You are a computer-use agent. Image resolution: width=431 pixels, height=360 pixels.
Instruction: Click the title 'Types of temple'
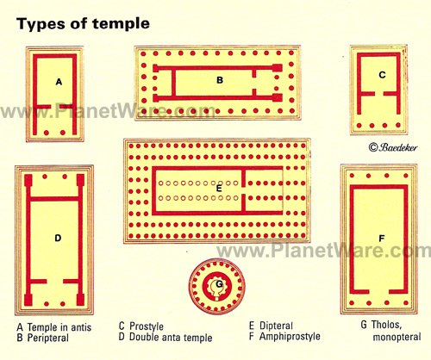(x=84, y=23)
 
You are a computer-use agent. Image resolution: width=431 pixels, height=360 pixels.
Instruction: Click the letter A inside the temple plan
(x=59, y=83)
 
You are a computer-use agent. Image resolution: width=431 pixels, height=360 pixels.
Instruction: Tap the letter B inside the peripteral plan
(x=220, y=80)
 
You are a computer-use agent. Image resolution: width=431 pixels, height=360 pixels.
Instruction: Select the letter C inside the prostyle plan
(x=382, y=75)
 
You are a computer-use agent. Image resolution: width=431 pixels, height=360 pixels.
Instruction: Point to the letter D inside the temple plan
(x=58, y=238)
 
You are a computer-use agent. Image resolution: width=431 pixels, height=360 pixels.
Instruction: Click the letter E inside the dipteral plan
(x=219, y=189)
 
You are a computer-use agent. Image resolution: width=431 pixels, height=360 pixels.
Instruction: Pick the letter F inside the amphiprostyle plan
(x=382, y=239)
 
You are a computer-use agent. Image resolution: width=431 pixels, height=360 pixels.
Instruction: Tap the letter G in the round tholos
(x=219, y=284)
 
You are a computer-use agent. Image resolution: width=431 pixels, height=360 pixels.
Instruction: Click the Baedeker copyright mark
(x=393, y=147)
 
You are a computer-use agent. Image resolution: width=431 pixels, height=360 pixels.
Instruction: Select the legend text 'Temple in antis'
(x=59, y=327)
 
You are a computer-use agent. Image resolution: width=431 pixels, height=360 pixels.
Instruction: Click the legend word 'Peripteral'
(x=48, y=338)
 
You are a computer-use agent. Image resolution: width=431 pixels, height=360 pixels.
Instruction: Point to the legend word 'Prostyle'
(x=147, y=326)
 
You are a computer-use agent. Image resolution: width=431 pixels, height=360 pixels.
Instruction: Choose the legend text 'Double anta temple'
(x=171, y=337)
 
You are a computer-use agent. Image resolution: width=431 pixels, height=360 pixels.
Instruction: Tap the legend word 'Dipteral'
(x=276, y=326)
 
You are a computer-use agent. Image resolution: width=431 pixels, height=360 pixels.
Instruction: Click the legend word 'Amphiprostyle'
(x=290, y=337)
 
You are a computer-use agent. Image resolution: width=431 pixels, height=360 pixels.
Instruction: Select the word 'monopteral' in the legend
(x=397, y=337)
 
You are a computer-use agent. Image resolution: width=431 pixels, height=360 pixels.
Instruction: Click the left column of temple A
(x=46, y=133)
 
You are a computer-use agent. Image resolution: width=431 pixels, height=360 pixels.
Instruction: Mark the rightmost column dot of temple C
(x=398, y=125)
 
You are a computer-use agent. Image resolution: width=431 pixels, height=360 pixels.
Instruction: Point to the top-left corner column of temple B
(x=144, y=53)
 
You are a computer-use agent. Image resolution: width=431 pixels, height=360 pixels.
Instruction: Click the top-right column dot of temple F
(x=406, y=176)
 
